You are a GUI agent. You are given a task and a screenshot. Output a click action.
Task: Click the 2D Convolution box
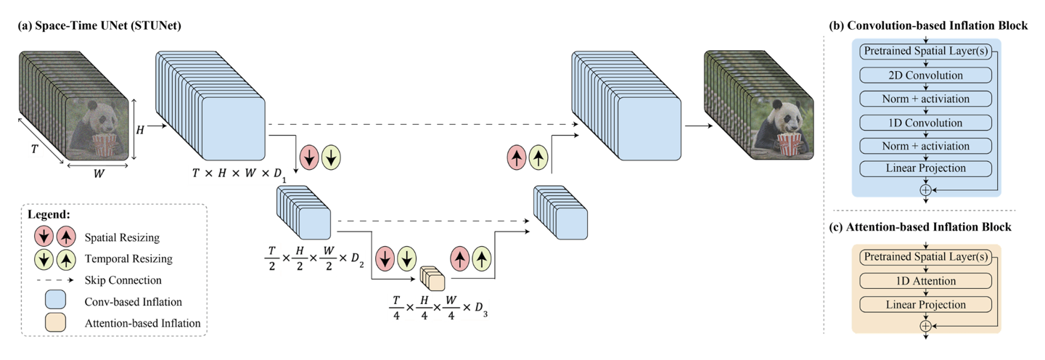925,75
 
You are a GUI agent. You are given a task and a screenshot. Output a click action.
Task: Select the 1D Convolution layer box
925,123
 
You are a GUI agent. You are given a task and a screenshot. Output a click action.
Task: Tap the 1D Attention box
925,281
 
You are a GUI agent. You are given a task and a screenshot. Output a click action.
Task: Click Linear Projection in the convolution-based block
925,169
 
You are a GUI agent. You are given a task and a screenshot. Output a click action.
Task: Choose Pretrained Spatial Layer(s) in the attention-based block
925,258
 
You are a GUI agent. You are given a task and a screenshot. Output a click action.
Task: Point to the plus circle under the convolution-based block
925,189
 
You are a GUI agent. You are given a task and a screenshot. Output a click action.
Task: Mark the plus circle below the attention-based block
925,326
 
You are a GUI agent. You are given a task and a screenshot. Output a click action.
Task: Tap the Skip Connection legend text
121,279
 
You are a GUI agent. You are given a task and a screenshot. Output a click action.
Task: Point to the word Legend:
49,216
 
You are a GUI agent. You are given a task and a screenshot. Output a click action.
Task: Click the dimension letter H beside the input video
141,130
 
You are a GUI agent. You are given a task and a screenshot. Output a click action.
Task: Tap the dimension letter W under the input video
97,174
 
